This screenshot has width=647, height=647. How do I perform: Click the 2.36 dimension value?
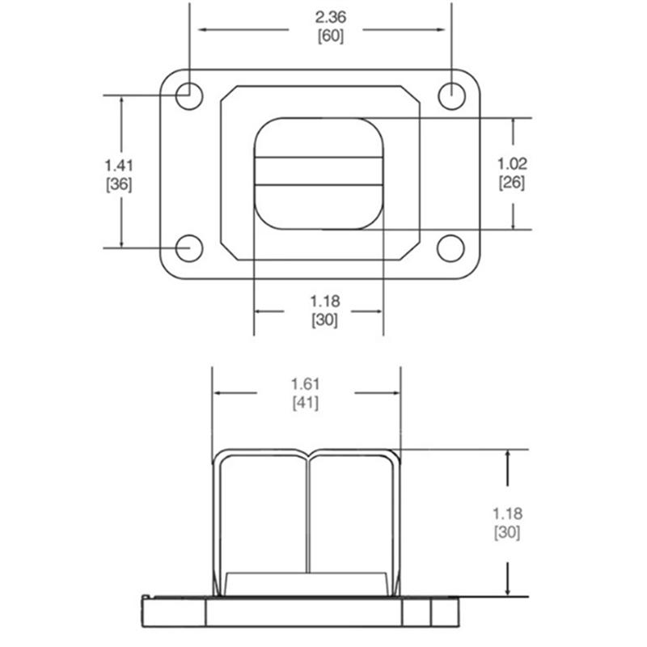(331, 17)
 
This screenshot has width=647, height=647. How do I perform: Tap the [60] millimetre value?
(331, 36)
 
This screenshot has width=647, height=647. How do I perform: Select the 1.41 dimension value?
(119, 166)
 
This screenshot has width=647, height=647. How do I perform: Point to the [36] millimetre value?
(119, 184)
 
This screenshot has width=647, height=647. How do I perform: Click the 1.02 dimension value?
(512, 164)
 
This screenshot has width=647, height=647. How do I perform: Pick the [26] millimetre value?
(512, 183)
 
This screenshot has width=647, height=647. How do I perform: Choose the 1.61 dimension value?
(306, 384)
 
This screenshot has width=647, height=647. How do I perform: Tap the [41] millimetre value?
(306, 403)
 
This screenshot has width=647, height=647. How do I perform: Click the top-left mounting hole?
(189, 95)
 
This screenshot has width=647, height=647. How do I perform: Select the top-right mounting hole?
(452, 95)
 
